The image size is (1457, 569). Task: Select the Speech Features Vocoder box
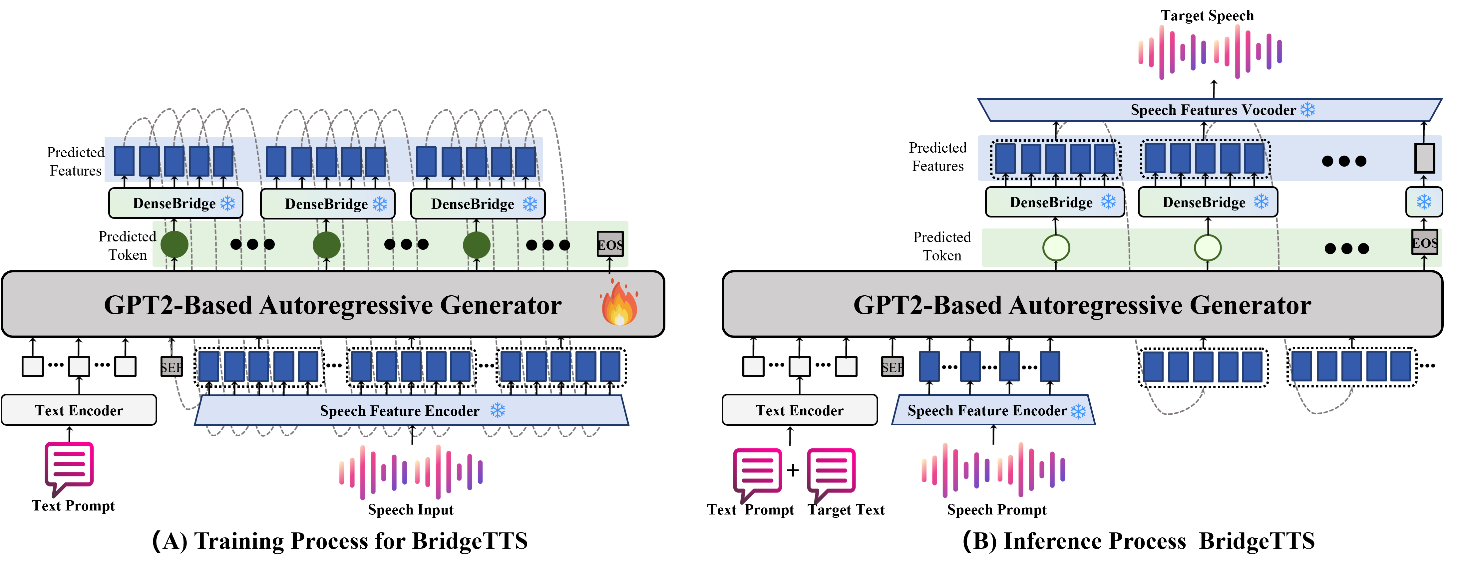[x=1211, y=110]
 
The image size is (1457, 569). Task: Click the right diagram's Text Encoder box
[x=799, y=410]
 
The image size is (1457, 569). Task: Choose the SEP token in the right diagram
[x=892, y=367]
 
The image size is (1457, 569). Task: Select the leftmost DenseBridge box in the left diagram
[x=175, y=204]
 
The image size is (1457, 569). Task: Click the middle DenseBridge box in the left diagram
[x=327, y=204]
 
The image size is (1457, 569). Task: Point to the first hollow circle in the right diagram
[x=1056, y=247]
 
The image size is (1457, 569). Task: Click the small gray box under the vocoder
[x=1424, y=158]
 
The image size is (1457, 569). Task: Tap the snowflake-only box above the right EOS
[x=1424, y=202]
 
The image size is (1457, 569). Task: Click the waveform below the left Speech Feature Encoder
[x=411, y=472]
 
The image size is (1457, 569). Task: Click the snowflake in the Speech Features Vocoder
[x=1308, y=110]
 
